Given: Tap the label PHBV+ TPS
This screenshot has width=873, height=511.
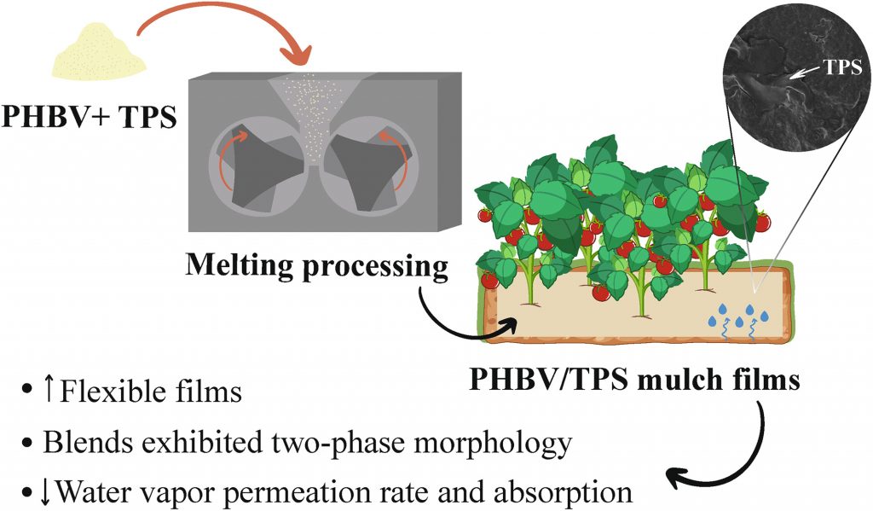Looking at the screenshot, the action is pyautogui.click(x=89, y=118).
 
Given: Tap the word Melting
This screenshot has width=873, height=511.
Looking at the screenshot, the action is pyautogui.click(x=240, y=264).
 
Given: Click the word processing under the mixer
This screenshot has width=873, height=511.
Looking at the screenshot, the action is pyautogui.click(x=375, y=268).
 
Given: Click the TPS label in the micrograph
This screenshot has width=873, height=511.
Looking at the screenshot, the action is pyautogui.click(x=843, y=67).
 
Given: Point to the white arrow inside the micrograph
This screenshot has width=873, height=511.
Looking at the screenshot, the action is pyautogui.click(x=805, y=73).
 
